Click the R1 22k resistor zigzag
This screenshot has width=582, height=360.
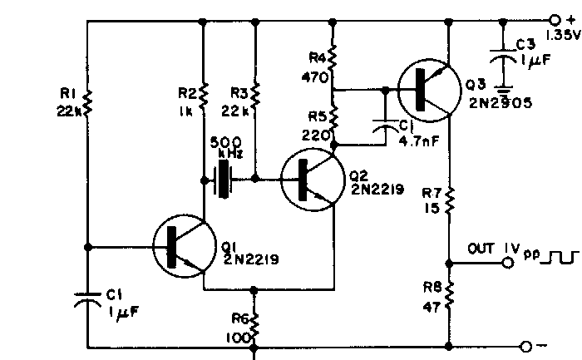(x=87, y=104)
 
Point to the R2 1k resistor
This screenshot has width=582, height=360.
(x=203, y=96)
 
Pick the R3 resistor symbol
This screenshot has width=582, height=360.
(x=255, y=96)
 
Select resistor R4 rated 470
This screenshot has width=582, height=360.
(x=333, y=59)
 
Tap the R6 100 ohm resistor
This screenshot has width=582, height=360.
(x=254, y=326)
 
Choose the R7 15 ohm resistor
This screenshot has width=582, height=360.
(x=450, y=200)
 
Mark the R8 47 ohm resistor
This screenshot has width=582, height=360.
(x=450, y=294)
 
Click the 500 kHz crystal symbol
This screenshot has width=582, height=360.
(x=223, y=180)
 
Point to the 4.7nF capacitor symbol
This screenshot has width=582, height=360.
(x=386, y=126)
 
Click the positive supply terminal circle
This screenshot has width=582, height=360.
(x=555, y=19)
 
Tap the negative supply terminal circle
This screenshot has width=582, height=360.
(x=526, y=347)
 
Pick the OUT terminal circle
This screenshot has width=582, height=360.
(x=508, y=263)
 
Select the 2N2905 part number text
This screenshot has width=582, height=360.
(x=501, y=103)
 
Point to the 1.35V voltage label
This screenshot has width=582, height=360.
(x=562, y=35)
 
